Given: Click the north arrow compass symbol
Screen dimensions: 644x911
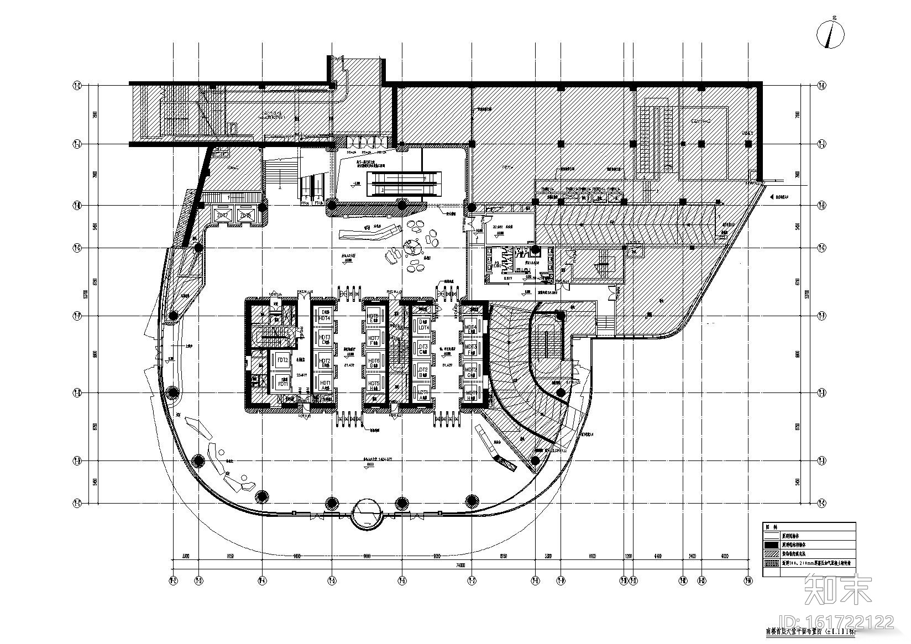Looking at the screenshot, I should pyautogui.click(x=830, y=35).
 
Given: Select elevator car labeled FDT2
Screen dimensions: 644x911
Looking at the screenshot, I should pyautogui.click(x=282, y=360).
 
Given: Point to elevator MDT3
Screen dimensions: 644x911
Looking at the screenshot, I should pyautogui.click(x=471, y=348).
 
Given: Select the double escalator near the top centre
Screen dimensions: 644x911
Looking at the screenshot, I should pyautogui.click(x=406, y=184).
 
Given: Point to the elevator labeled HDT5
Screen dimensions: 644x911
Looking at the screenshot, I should pyautogui.click(x=374, y=384).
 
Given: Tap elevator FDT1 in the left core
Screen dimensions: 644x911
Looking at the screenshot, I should pyautogui.click(x=282, y=383).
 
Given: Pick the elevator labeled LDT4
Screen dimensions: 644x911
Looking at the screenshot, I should pyautogui.click(x=423, y=325).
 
